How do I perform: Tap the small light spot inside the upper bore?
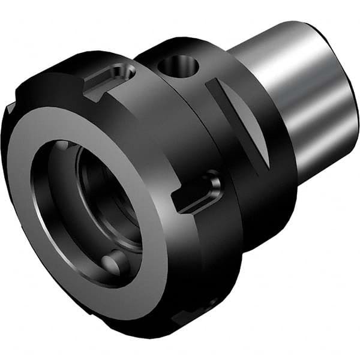[x=62, y=146]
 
